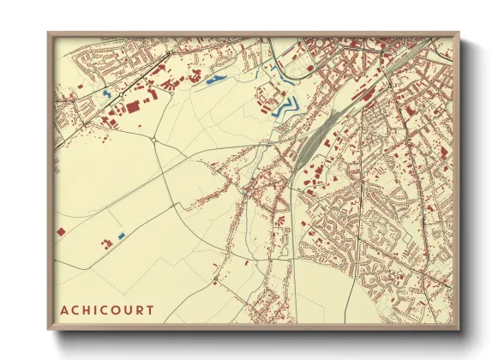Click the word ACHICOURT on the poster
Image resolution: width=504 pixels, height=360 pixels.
[x=107, y=309]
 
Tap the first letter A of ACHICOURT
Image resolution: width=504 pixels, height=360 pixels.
[x=64, y=309]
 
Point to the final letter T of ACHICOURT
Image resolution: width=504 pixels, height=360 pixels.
[x=151, y=309]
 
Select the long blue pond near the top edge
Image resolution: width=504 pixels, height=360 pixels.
[x=214, y=81]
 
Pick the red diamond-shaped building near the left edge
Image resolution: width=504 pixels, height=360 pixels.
[x=60, y=231]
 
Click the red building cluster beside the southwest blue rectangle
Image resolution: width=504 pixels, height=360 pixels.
[x=107, y=243]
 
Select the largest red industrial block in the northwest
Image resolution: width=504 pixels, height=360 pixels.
[x=133, y=105]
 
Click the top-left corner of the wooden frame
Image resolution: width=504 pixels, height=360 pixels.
[x=49, y=33]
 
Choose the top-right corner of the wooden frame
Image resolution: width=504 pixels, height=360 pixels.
[x=459, y=33]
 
